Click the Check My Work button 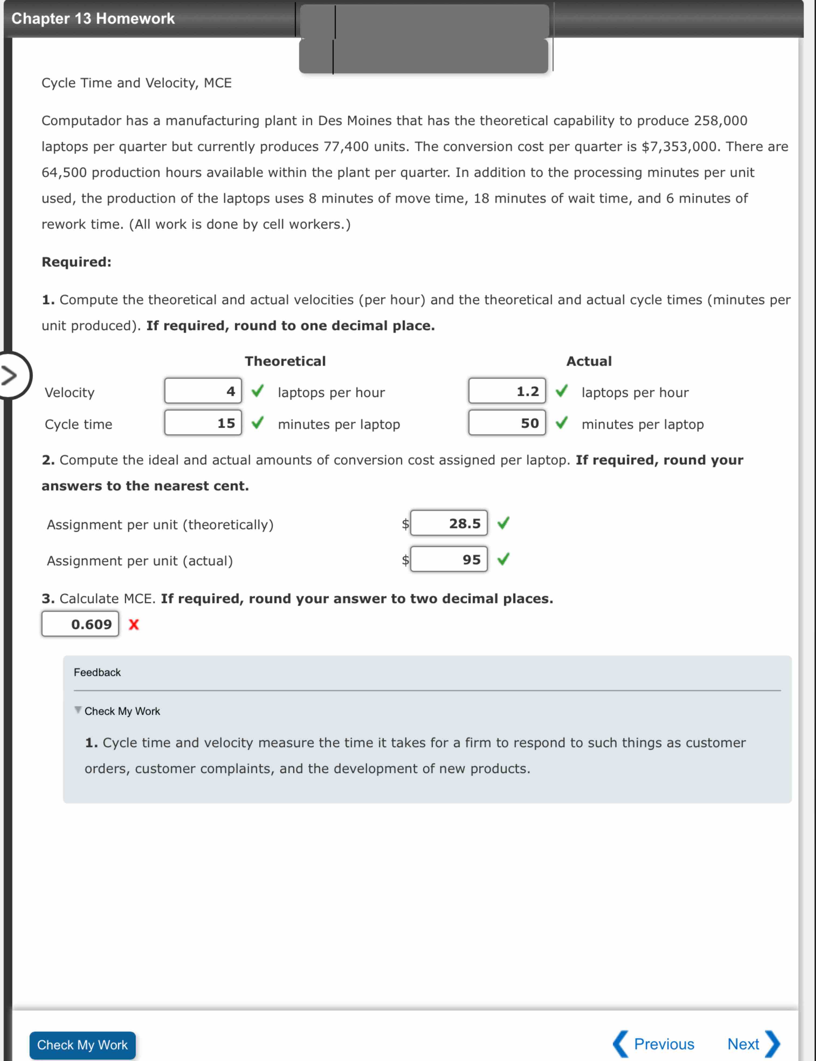coord(82,1045)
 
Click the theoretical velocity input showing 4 coord(203,391)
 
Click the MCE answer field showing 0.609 coord(80,624)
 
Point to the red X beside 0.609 coord(133,624)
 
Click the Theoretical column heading coord(285,361)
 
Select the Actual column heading coord(589,361)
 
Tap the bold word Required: coord(76,262)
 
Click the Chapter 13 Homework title coord(93,18)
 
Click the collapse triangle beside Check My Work coord(78,710)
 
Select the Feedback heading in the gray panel coord(97,672)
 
